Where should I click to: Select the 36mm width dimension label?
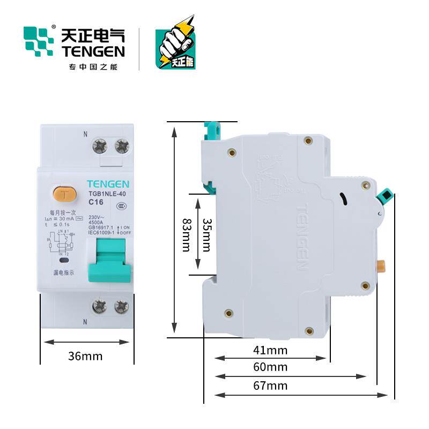click(x=85, y=356)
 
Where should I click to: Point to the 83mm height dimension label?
click(x=186, y=234)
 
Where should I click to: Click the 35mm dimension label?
click(x=206, y=234)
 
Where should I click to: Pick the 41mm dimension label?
click(x=270, y=351)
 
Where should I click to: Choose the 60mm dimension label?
click(x=270, y=367)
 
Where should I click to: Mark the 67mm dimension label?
click(x=270, y=386)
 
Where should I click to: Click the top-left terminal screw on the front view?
click(x=101, y=145)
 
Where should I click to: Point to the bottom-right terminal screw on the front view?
click(x=122, y=306)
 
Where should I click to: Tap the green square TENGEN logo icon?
click(x=39, y=41)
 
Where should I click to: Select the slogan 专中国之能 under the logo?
click(x=93, y=67)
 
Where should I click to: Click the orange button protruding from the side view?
click(x=382, y=266)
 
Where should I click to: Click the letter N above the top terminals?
click(x=85, y=133)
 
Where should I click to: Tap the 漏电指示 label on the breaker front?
click(x=63, y=272)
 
